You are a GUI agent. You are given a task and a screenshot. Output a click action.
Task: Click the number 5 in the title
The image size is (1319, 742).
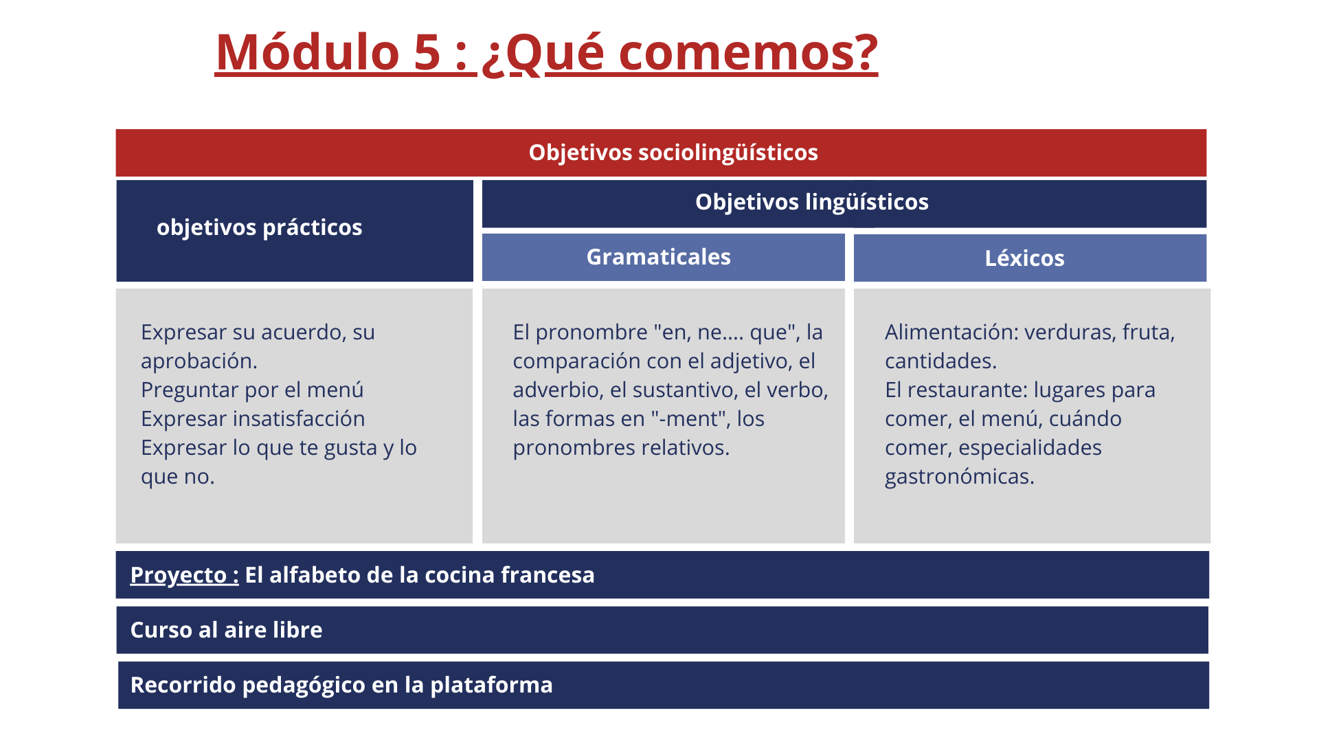coord(427,52)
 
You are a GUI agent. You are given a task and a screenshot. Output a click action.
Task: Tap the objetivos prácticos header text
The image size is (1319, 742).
coord(259,227)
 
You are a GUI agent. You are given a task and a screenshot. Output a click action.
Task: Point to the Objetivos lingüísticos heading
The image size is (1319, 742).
coord(812,202)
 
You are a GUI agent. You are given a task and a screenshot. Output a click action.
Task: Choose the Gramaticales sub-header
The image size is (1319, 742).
coord(658,257)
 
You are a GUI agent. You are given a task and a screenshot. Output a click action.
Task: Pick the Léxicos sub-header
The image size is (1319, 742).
coord(1024,258)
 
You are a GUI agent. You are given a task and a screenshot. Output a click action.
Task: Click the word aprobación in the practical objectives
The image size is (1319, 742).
coord(199,361)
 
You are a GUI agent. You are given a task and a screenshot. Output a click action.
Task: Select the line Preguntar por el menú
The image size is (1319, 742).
coord(252,390)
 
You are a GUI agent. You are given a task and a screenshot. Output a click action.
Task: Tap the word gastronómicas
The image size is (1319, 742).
coord(960,477)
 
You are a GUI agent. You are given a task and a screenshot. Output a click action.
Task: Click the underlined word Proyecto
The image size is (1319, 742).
coord(179,576)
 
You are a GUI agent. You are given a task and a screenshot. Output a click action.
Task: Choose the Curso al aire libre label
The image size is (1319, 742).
coord(226,630)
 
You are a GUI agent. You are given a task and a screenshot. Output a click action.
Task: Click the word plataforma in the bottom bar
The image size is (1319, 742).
coord(491,686)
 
